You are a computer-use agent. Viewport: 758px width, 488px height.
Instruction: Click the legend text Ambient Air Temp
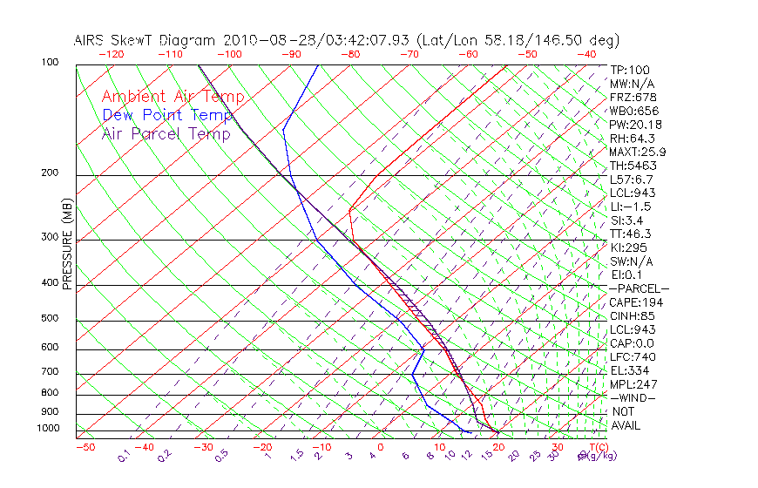click(173, 98)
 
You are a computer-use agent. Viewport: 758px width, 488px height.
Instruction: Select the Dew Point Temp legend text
click(167, 116)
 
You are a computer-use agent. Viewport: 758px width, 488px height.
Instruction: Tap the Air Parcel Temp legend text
click(166, 134)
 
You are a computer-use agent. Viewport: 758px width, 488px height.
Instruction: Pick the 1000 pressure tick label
click(50, 429)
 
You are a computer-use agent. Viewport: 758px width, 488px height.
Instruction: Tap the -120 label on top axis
click(111, 54)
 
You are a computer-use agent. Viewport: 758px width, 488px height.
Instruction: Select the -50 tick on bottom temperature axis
click(85, 447)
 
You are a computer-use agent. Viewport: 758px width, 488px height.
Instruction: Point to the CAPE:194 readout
click(636, 302)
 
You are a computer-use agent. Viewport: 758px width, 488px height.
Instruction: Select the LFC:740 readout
click(633, 357)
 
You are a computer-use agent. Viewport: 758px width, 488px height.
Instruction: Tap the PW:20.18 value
click(635, 125)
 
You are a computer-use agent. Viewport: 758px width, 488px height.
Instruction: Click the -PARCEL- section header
click(639, 288)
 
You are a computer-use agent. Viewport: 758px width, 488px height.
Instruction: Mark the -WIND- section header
click(633, 398)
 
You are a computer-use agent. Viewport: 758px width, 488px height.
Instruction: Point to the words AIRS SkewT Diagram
click(146, 40)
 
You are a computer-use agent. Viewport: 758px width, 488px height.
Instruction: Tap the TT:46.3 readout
click(632, 234)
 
